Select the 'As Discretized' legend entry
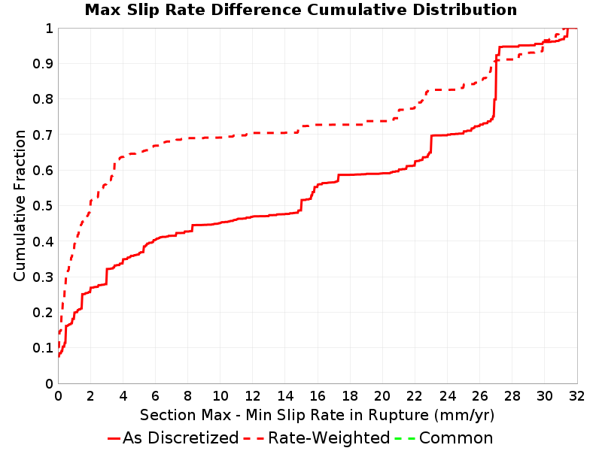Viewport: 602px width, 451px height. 173,438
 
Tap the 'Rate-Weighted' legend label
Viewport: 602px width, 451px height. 329,438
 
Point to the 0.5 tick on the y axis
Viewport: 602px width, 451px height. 43,206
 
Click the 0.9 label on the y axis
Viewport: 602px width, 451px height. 43,64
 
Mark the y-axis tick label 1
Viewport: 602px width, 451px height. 49,29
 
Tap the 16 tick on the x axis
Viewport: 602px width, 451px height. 317,396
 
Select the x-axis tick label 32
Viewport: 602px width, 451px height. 576,396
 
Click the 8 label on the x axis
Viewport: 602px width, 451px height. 187,396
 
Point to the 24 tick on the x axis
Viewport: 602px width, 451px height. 447,396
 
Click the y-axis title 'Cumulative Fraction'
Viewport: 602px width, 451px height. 20,205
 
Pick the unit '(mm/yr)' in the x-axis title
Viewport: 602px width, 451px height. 464,416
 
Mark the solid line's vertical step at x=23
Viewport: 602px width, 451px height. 431,144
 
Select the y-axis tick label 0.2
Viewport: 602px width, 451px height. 43,313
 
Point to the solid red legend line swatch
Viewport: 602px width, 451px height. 114,438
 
